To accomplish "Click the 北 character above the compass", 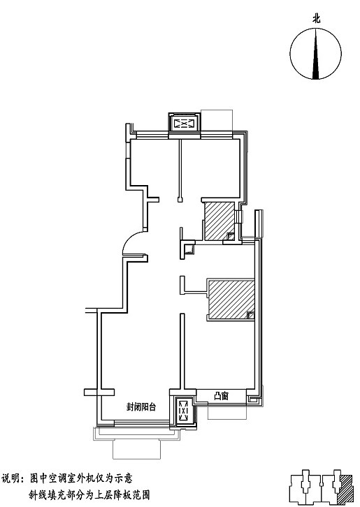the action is [316, 19].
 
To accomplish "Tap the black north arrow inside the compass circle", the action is [316, 54].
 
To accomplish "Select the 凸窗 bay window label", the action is [222, 396].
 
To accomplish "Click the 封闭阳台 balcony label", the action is [141, 406].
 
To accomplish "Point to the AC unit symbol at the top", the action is [184, 124].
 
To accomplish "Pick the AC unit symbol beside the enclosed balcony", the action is [183, 411].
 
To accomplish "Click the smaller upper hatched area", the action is [218, 221].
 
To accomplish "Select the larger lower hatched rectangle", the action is [231, 299].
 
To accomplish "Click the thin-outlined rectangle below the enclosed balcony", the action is [136, 449].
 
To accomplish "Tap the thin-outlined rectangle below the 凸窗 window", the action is [227, 411].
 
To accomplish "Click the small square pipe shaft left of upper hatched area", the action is [189, 249].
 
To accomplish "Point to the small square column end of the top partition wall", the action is [180, 200].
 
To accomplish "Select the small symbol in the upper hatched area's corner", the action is [231, 237].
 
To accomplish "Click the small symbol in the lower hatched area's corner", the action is [250, 315].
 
